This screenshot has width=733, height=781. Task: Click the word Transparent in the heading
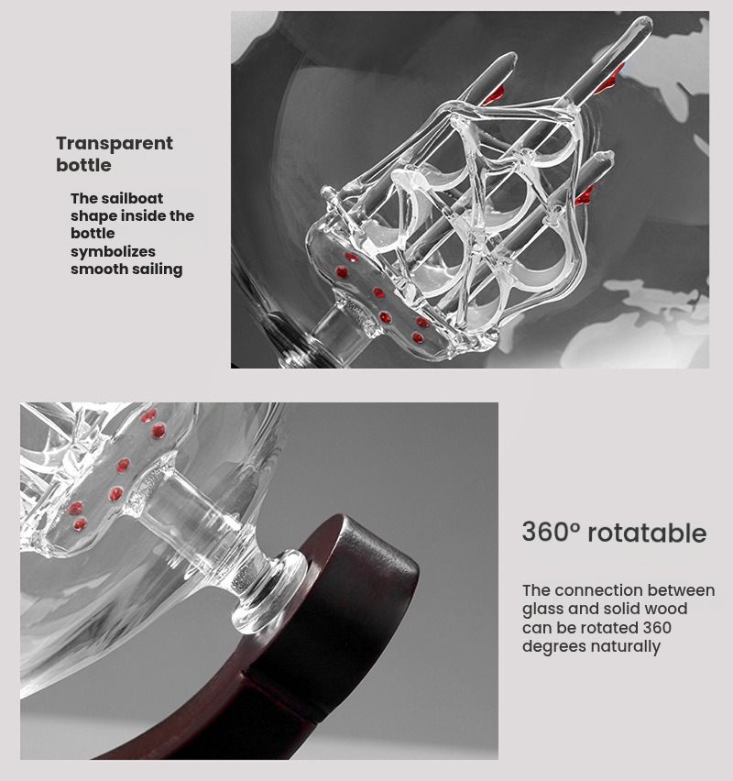(114, 143)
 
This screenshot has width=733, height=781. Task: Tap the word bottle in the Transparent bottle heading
(83, 165)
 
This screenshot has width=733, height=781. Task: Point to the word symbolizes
(113, 251)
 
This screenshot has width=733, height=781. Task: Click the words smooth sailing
(126, 269)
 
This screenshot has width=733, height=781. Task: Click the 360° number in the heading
(552, 532)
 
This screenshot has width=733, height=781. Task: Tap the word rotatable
(648, 533)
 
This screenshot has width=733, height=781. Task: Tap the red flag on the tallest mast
(608, 80)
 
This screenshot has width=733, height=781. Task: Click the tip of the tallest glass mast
(646, 22)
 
